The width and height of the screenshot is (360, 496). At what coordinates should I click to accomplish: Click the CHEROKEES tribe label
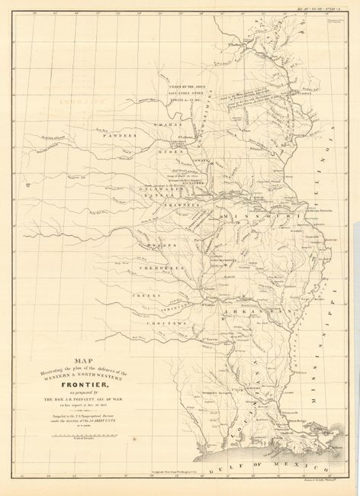point(158,269)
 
